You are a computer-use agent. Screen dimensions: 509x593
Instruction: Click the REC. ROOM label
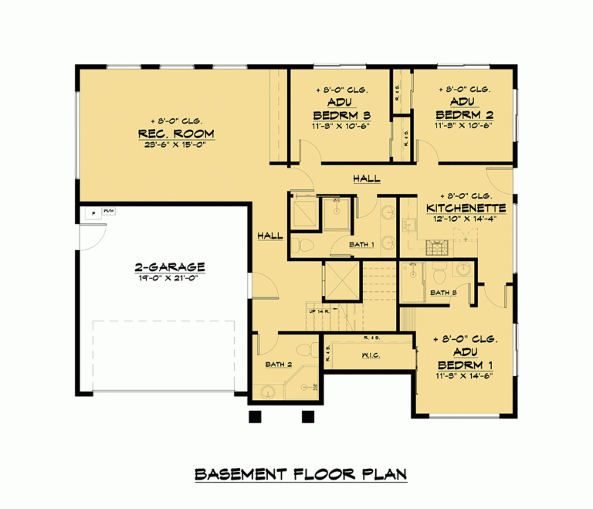(176, 134)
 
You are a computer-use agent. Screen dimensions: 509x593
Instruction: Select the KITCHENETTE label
(466, 208)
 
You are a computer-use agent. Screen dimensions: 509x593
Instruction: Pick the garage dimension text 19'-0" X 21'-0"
(168, 280)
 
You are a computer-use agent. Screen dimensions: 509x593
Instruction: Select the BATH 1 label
(361, 245)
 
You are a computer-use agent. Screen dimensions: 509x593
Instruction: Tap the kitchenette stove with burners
(438, 246)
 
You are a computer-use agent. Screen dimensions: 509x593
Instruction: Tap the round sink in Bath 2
(267, 391)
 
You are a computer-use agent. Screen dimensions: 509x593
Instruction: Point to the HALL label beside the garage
(270, 235)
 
